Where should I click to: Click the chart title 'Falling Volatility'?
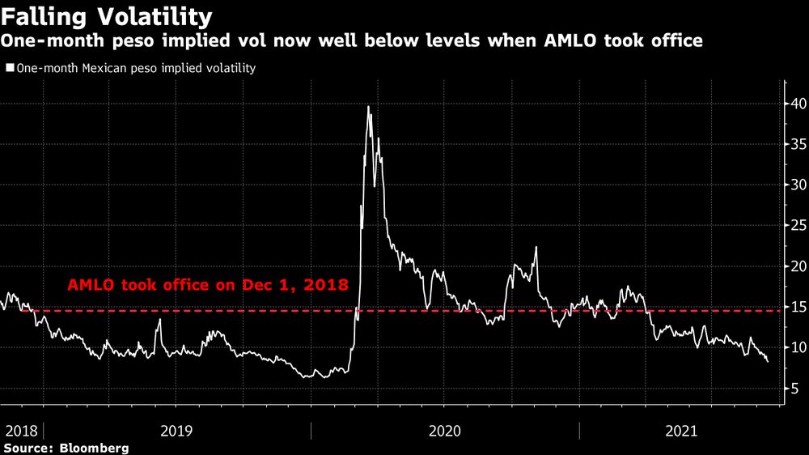coord(108,16)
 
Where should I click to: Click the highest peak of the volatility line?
coord(369,107)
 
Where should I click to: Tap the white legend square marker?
coord(10,68)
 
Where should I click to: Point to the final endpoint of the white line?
coord(768,361)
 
